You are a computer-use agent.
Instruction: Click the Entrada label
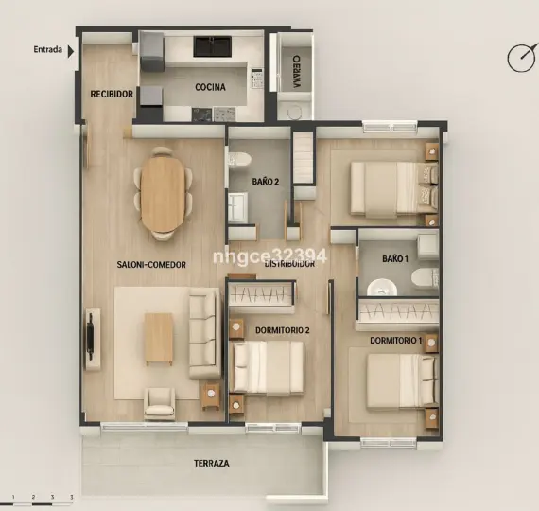click(47, 49)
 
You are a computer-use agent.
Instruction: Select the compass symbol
click(521, 58)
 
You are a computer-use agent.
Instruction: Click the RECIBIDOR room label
click(112, 94)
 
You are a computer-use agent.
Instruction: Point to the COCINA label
click(210, 87)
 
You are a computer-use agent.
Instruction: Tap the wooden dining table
click(164, 194)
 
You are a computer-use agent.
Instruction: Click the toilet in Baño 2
click(238, 160)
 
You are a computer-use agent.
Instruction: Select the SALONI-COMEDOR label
click(151, 264)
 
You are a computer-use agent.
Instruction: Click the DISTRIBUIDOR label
click(289, 265)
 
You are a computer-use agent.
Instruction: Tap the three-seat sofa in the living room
click(203, 333)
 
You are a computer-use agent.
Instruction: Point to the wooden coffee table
click(158, 339)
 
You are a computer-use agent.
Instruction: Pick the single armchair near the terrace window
click(159, 402)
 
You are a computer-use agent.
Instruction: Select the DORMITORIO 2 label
click(282, 330)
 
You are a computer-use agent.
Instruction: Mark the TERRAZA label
click(212, 464)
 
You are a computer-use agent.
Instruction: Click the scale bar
click(42, 496)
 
